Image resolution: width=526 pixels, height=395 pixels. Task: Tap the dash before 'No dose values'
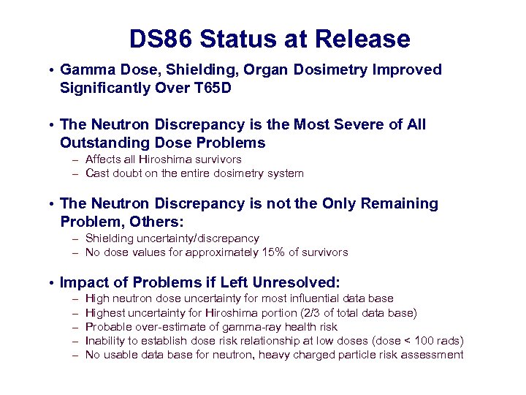pos(75,253)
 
